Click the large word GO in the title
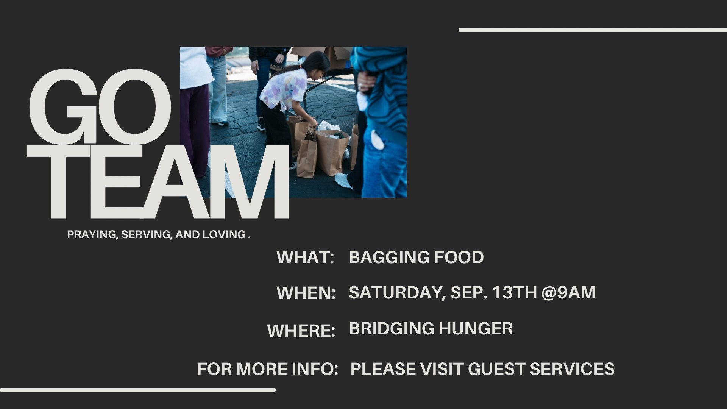100,107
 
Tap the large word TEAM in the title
158,181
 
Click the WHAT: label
305,258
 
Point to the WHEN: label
306,293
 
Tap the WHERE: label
301,331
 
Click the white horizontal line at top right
593,30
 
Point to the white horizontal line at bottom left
138,390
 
